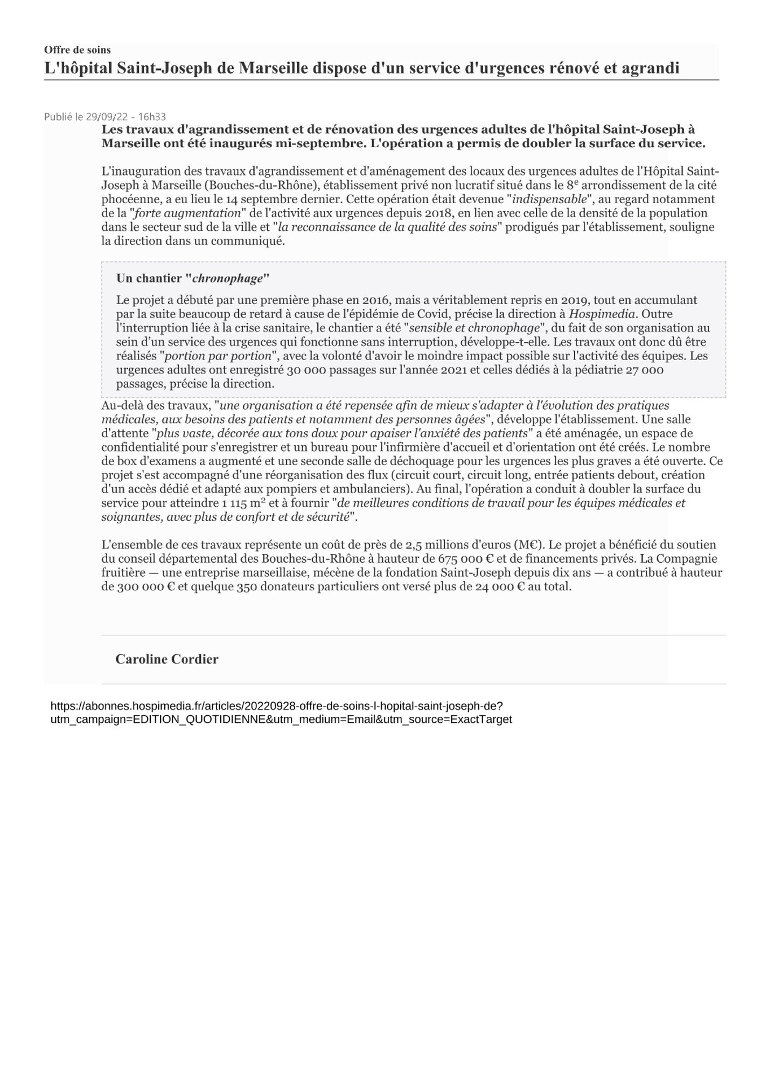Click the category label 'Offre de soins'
[78, 50]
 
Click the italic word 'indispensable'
[549, 199]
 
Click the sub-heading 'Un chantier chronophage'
[192, 279]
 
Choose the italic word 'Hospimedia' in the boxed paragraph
[602, 314]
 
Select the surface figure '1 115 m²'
[243, 503]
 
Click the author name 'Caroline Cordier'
[167, 659]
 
